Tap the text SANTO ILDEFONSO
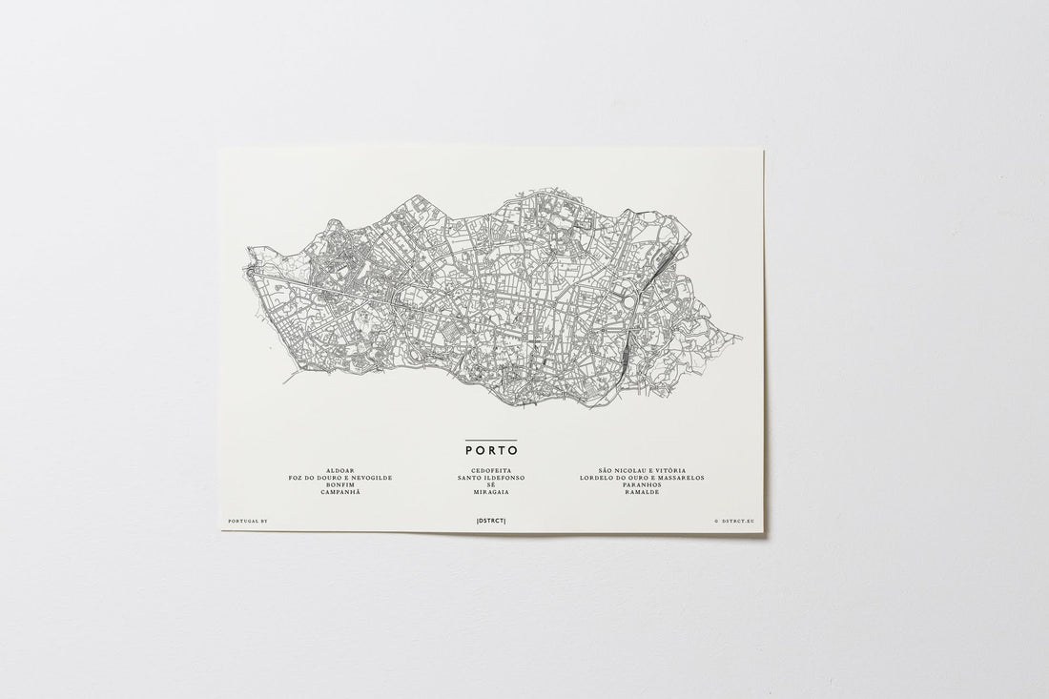(490, 478)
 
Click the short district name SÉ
(490, 484)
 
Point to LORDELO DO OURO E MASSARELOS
(642, 478)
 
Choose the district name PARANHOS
(642, 484)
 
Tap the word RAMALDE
(642, 491)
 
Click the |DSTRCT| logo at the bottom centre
(490, 521)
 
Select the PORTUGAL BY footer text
(250, 522)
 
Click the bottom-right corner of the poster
(765, 532)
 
